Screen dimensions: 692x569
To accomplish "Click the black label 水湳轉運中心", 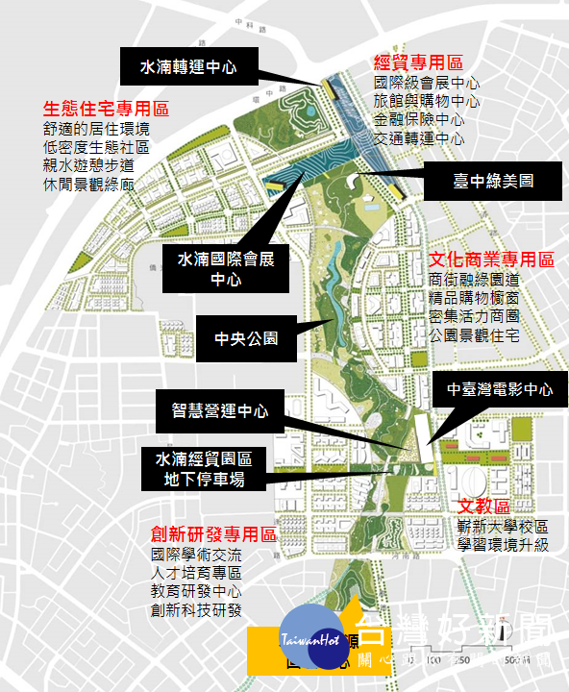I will [x=188, y=67].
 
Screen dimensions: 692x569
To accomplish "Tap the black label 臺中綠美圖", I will [x=492, y=180].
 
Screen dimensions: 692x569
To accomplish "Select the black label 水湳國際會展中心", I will [x=226, y=269].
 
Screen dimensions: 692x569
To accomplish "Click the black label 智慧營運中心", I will [x=220, y=412].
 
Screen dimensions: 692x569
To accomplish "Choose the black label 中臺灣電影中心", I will [x=500, y=390].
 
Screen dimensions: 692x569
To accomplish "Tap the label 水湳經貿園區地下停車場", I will [x=204, y=467].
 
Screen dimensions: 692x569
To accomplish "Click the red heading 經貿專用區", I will [x=418, y=63].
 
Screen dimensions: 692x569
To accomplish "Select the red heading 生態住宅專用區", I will [x=106, y=109].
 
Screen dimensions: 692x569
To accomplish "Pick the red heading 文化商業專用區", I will [x=491, y=259].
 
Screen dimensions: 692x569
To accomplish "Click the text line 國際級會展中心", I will [x=426, y=83].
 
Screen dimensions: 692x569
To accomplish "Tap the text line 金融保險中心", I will [x=418, y=120].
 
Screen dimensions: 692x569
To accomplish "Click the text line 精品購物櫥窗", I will [x=474, y=298].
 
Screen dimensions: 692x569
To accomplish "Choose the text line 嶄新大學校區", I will [x=503, y=527].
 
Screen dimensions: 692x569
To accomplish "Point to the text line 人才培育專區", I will [x=196, y=574].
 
